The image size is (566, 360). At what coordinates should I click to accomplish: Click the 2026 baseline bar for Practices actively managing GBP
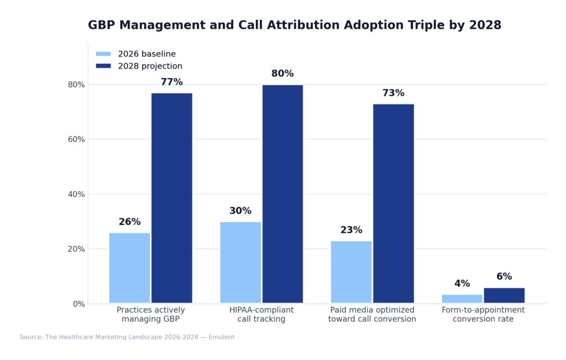pyautogui.click(x=129, y=268)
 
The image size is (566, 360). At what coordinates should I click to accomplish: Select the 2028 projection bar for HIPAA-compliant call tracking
pyautogui.click(x=282, y=194)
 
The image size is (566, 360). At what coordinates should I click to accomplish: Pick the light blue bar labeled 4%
pyautogui.click(x=462, y=299)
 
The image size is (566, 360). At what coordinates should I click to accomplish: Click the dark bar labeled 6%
pyautogui.click(x=504, y=295)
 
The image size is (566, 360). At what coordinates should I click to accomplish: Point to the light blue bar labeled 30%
pyautogui.click(x=240, y=262)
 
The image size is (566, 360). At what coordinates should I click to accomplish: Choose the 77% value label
pyautogui.click(x=171, y=82)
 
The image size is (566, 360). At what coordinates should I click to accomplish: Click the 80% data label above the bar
pyautogui.click(x=282, y=74)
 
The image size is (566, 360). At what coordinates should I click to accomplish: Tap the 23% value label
pyautogui.click(x=351, y=231)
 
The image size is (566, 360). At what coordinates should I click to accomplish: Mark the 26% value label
pyautogui.click(x=129, y=222)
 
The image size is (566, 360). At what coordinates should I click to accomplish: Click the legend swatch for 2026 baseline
pyautogui.click(x=103, y=54)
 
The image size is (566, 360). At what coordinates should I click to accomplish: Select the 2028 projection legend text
pyautogui.click(x=150, y=66)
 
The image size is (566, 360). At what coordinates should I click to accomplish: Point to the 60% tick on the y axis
pyautogui.click(x=76, y=139)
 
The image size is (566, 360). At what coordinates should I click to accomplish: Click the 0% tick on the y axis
pyautogui.click(x=78, y=304)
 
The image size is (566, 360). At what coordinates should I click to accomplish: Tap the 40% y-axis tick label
pyautogui.click(x=76, y=194)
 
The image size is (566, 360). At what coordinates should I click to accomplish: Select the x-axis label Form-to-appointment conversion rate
pyautogui.click(x=483, y=315)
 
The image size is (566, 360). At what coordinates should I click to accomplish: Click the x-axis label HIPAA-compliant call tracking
pyautogui.click(x=261, y=315)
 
